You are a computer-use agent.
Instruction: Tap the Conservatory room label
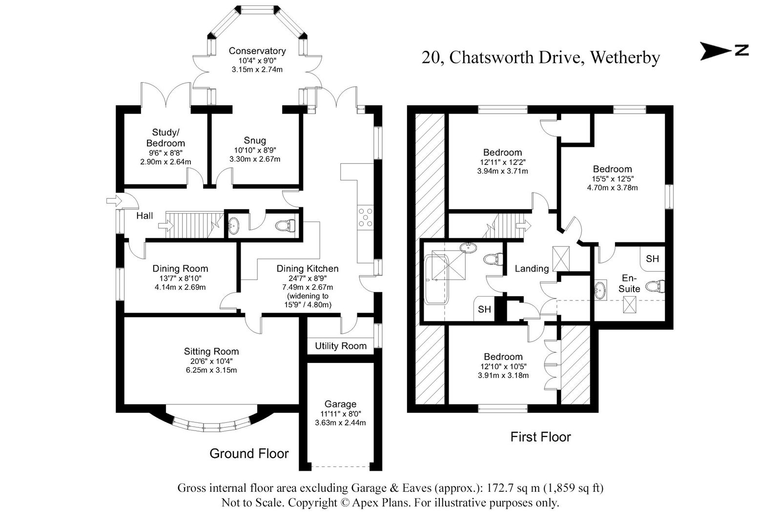[x=257, y=51]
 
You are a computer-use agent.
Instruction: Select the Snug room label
[x=255, y=140]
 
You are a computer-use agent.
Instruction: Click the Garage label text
[x=340, y=404]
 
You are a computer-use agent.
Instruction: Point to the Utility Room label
[x=340, y=346]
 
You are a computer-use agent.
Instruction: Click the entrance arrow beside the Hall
[x=112, y=200]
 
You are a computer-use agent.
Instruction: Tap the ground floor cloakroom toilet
[x=285, y=225]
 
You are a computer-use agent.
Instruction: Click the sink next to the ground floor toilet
[x=234, y=225]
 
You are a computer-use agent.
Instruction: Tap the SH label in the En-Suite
[x=652, y=259]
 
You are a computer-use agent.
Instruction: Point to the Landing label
[x=532, y=268]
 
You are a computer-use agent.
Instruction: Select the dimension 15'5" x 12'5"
[x=612, y=179]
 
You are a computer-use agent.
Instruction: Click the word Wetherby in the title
[x=625, y=58]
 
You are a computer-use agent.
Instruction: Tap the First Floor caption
[x=540, y=437]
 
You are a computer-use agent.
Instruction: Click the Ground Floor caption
[x=249, y=453]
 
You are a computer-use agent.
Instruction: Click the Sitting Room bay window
[x=211, y=425]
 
